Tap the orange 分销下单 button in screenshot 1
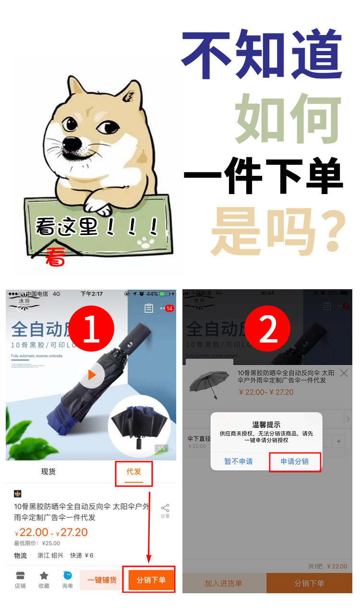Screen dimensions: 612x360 pyautogui.click(x=151, y=580)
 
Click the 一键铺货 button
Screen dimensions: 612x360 pyautogui.click(x=102, y=580)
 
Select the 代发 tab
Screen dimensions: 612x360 pyautogui.click(x=134, y=472)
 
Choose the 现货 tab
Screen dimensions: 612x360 pyautogui.click(x=48, y=472)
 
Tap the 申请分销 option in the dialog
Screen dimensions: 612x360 pyautogui.click(x=294, y=461)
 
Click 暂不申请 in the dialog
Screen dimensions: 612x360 pyautogui.click(x=239, y=461)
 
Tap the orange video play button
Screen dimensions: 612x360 pyautogui.click(x=92, y=375)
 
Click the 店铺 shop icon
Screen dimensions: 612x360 pyautogui.click(x=20, y=579)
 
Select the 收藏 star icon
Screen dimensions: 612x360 pyautogui.click(x=44, y=579)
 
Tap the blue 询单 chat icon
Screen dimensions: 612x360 pyautogui.click(x=68, y=579)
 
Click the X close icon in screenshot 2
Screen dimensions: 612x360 pyautogui.click(x=344, y=373)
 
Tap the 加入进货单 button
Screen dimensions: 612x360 pyautogui.click(x=224, y=583)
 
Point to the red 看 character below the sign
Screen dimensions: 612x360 pyautogui.click(x=55, y=257)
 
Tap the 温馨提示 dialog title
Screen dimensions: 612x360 pyautogui.click(x=266, y=424)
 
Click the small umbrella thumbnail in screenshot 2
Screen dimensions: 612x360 pyautogui.click(x=209, y=385)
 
